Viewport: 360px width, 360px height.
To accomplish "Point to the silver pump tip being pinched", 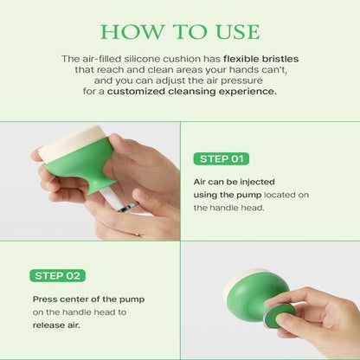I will (x=125, y=206).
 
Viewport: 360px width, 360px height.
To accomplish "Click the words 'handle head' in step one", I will (x=227, y=208).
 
